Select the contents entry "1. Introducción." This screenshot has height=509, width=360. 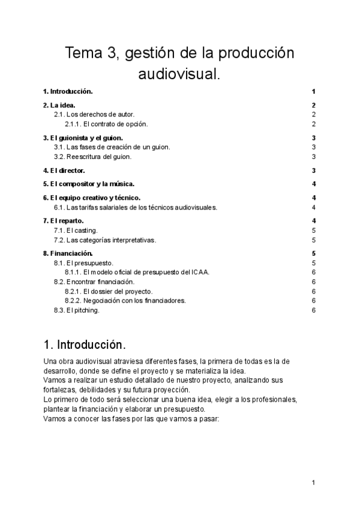pos(68,91)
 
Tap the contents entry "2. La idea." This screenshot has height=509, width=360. pos(59,106)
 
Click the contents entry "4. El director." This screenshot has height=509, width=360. pos(64,171)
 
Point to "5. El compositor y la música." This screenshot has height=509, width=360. pos(89,184)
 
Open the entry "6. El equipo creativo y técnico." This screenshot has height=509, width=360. pos(92,197)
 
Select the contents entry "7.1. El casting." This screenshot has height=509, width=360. pos(76,230)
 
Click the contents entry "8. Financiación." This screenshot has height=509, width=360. pos(67,253)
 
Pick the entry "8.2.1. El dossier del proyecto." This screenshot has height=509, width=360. pos(107,291)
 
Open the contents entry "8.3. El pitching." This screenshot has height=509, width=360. pos(77,310)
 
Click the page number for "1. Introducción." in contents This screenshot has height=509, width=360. pos(314,91)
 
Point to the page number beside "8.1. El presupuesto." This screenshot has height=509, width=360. pos(314,263)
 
